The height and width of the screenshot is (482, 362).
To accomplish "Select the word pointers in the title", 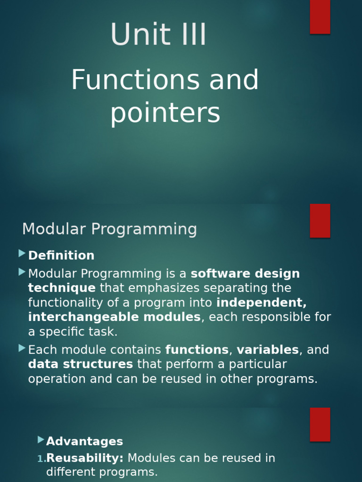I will click(x=165, y=113).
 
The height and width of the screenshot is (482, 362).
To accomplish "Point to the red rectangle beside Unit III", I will click(x=320, y=16).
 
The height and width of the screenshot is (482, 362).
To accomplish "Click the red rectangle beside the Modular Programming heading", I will click(x=320, y=220).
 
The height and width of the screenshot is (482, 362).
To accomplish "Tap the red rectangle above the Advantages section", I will click(x=320, y=424).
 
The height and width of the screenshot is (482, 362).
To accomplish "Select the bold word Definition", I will click(x=61, y=256).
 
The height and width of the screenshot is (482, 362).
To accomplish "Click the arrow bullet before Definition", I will click(x=22, y=254).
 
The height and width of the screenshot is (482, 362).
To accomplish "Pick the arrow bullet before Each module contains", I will click(x=22, y=348).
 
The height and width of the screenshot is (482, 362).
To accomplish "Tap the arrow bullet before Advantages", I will click(x=40, y=440).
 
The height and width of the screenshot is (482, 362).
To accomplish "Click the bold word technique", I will click(x=62, y=288).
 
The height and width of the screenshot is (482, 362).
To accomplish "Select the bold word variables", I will click(x=267, y=350).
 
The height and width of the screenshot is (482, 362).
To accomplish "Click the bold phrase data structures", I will click(x=81, y=364).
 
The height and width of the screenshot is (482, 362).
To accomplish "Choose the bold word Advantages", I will click(x=84, y=442).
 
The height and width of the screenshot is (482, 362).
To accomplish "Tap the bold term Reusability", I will click(x=85, y=458).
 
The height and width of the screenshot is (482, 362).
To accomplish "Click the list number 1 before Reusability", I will click(x=40, y=459).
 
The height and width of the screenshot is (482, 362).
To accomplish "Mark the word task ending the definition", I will click(x=102, y=332).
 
